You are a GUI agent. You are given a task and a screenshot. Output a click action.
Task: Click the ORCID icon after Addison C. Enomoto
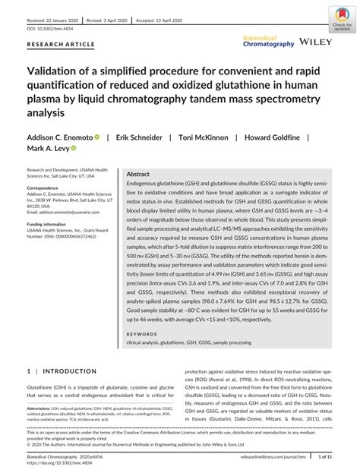pos(98,138)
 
